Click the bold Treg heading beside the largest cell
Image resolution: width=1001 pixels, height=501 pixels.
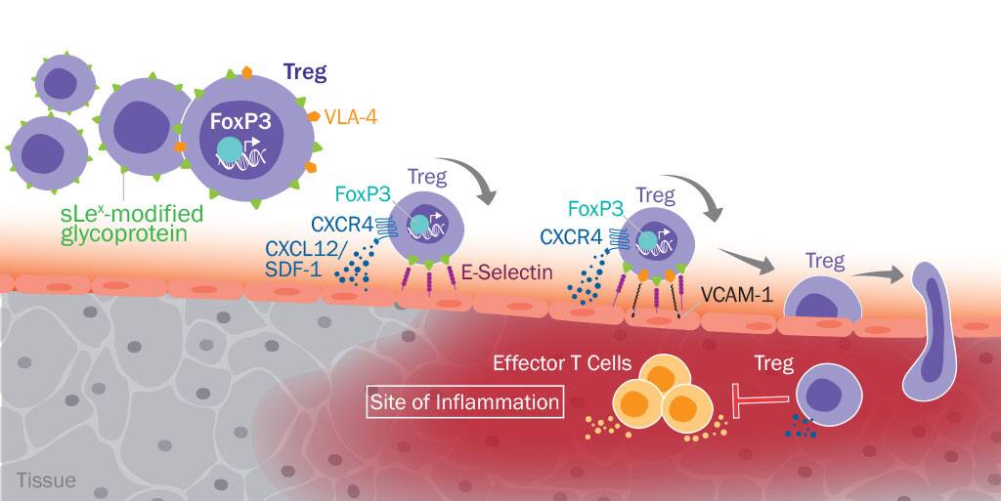click(x=304, y=71)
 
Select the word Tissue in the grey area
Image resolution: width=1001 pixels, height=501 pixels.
click(x=46, y=480)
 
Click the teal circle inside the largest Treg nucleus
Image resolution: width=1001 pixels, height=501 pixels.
click(x=228, y=148)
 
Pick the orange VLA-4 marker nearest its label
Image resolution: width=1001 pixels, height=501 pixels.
click(x=315, y=115)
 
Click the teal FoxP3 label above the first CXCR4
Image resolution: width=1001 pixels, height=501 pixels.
click(x=364, y=194)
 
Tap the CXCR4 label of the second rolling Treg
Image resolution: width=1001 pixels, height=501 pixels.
click(x=571, y=235)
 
